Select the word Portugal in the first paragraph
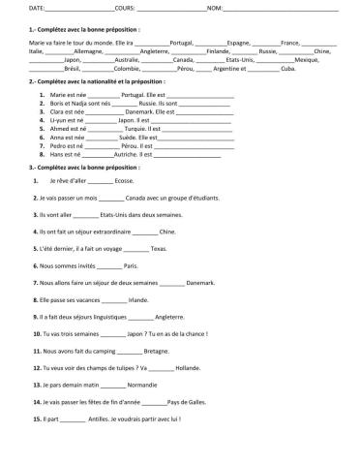pos(182,44)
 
